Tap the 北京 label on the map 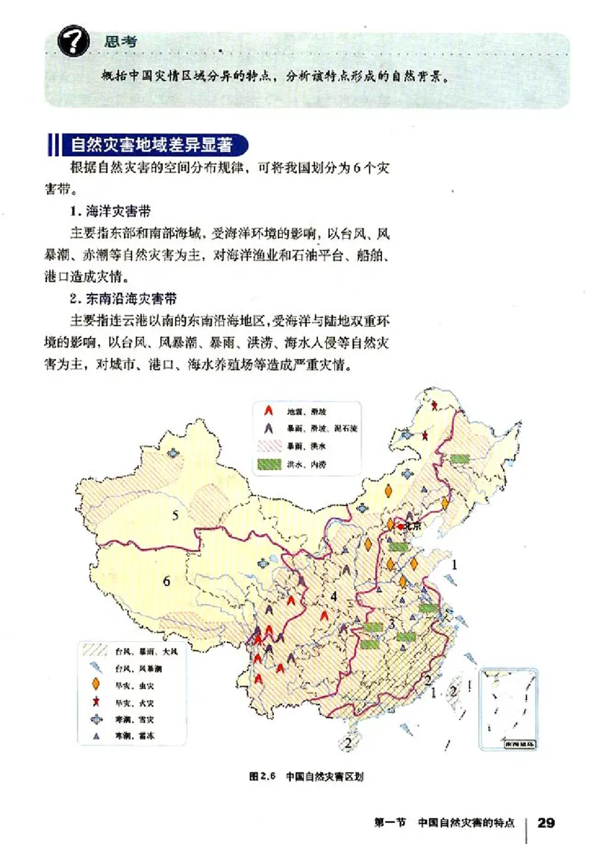412,526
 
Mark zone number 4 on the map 335,596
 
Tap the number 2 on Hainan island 348,743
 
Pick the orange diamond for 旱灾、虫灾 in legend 96,684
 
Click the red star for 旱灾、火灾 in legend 96,702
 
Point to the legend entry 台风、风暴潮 136,668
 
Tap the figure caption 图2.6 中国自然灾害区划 306,776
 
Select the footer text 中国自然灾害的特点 466,823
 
